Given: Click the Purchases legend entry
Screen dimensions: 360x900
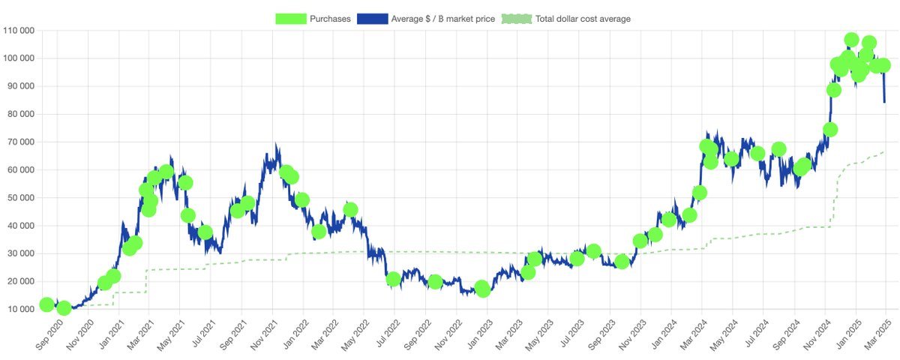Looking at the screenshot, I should pos(330,19).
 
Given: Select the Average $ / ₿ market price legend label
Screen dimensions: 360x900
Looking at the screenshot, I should pos(442,19).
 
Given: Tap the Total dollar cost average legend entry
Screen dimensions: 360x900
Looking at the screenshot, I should pos(583,19).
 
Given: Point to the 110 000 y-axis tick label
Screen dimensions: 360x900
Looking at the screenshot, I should pos(19,31).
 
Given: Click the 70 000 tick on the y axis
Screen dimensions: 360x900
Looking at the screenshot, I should pos(22,142).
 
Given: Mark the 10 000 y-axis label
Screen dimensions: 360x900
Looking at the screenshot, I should pos(22,309).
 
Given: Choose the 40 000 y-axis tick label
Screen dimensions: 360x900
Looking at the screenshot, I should pos(22,226).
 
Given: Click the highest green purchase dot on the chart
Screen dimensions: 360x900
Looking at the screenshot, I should pos(851,40).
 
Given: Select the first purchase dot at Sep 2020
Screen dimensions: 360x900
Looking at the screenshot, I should pos(46,304).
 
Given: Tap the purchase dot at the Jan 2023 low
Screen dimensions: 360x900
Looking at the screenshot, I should pos(483,289).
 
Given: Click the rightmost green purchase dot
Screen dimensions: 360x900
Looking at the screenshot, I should pos(883,65).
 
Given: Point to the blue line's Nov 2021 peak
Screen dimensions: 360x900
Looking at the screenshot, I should pos(276,145).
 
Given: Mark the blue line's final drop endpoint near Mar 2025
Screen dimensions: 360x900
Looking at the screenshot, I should pos(885,102).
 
